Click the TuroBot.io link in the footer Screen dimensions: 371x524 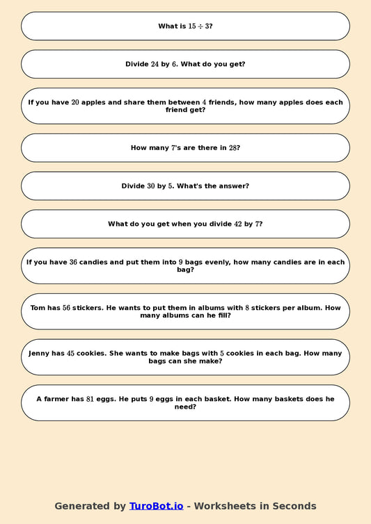coord(156,506)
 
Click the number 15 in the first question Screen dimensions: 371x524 coord(192,26)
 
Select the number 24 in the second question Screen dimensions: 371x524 coord(155,64)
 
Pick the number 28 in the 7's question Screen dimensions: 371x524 coord(233,148)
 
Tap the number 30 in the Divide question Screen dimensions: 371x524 coord(151,186)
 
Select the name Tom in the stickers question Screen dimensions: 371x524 coord(38,307)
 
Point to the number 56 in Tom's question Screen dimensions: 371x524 coord(67,307)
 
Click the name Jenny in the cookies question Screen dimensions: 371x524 coord(40,353)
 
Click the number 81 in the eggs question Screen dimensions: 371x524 coord(90,399)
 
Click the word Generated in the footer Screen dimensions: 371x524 coord(81,506)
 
